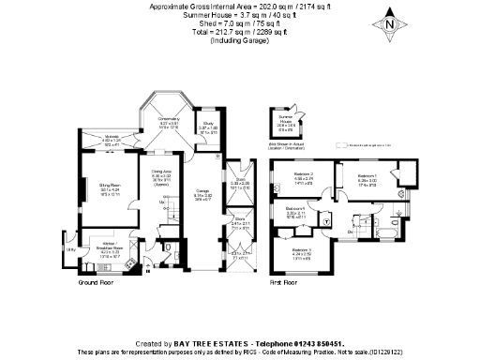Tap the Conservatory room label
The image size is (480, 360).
click(x=169, y=120)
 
